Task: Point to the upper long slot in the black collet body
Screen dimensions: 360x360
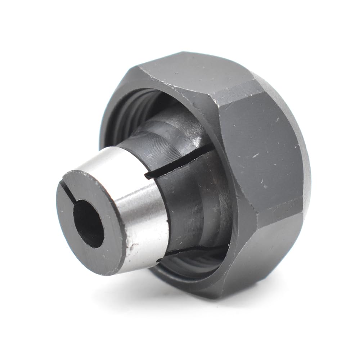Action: coord(180,164)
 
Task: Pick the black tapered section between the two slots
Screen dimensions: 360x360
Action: coord(191,205)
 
